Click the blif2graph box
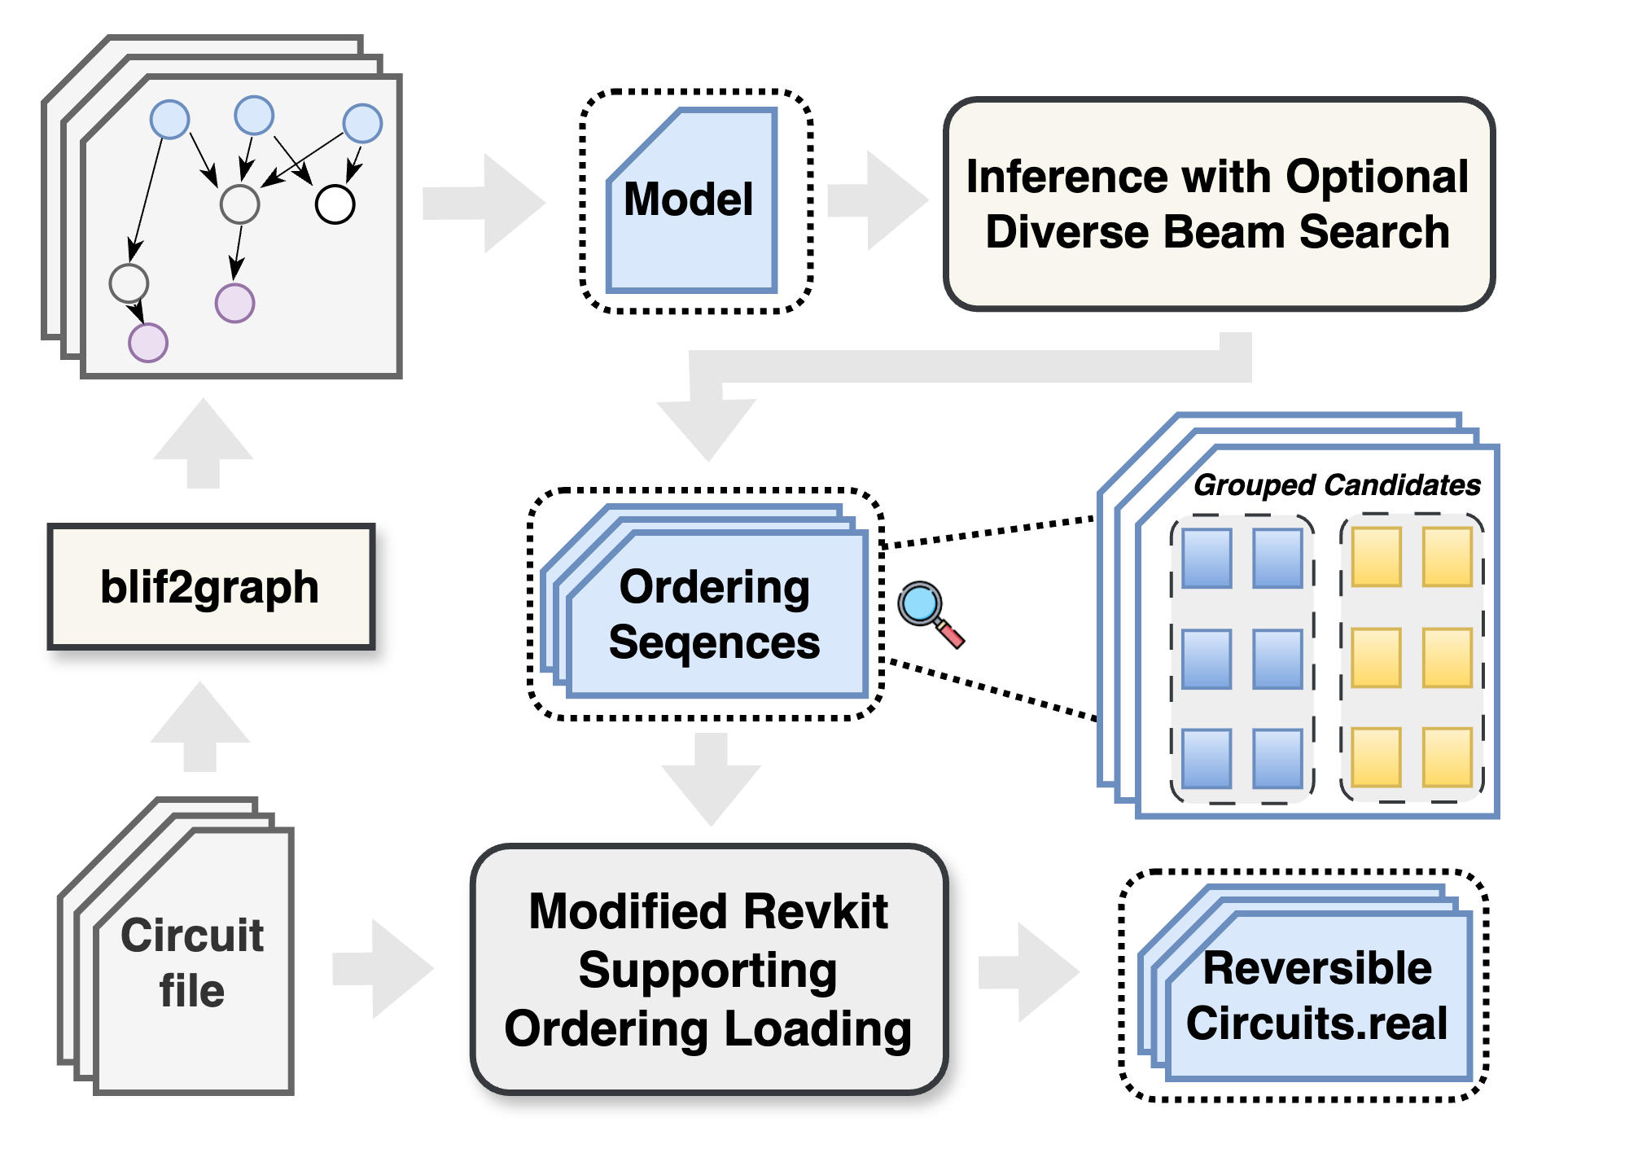pos(210,586)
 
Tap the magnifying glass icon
pos(928,612)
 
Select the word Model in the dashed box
pos(688,199)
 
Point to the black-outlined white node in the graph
pos(335,204)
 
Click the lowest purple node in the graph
pos(148,342)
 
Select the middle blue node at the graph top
pos(254,115)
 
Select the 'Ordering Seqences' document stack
pos(715,616)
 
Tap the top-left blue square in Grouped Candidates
pos(1206,559)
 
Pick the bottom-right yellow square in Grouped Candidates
pos(1447,757)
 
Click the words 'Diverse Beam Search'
pos(1217,232)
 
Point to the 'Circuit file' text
pos(192,962)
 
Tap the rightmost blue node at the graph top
pos(362,124)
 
